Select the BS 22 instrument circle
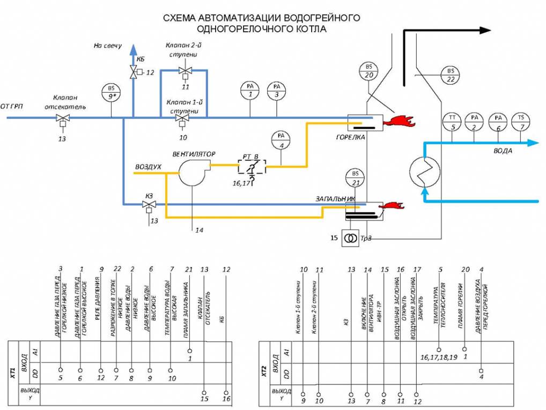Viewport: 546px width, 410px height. tap(450, 75)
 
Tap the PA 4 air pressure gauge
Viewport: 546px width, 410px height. tap(280, 139)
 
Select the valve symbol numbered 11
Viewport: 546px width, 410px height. tap(186, 71)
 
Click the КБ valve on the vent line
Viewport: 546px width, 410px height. tap(133, 71)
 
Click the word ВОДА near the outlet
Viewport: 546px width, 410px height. tap(503, 151)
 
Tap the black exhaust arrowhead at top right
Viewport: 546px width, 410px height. tap(483, 31)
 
